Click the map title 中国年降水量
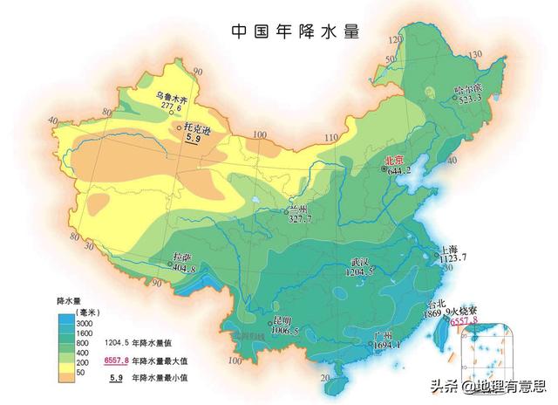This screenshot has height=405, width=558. coord(296,31)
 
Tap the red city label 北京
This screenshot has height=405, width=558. coord(394,161)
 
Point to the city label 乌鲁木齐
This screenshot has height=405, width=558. coord(173,95)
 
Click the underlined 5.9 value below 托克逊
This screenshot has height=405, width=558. coord(194,139)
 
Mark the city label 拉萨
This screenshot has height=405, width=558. coord(181,257)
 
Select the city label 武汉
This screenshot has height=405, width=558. coord(361,262)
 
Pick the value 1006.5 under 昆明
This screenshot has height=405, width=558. coord(283,332)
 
